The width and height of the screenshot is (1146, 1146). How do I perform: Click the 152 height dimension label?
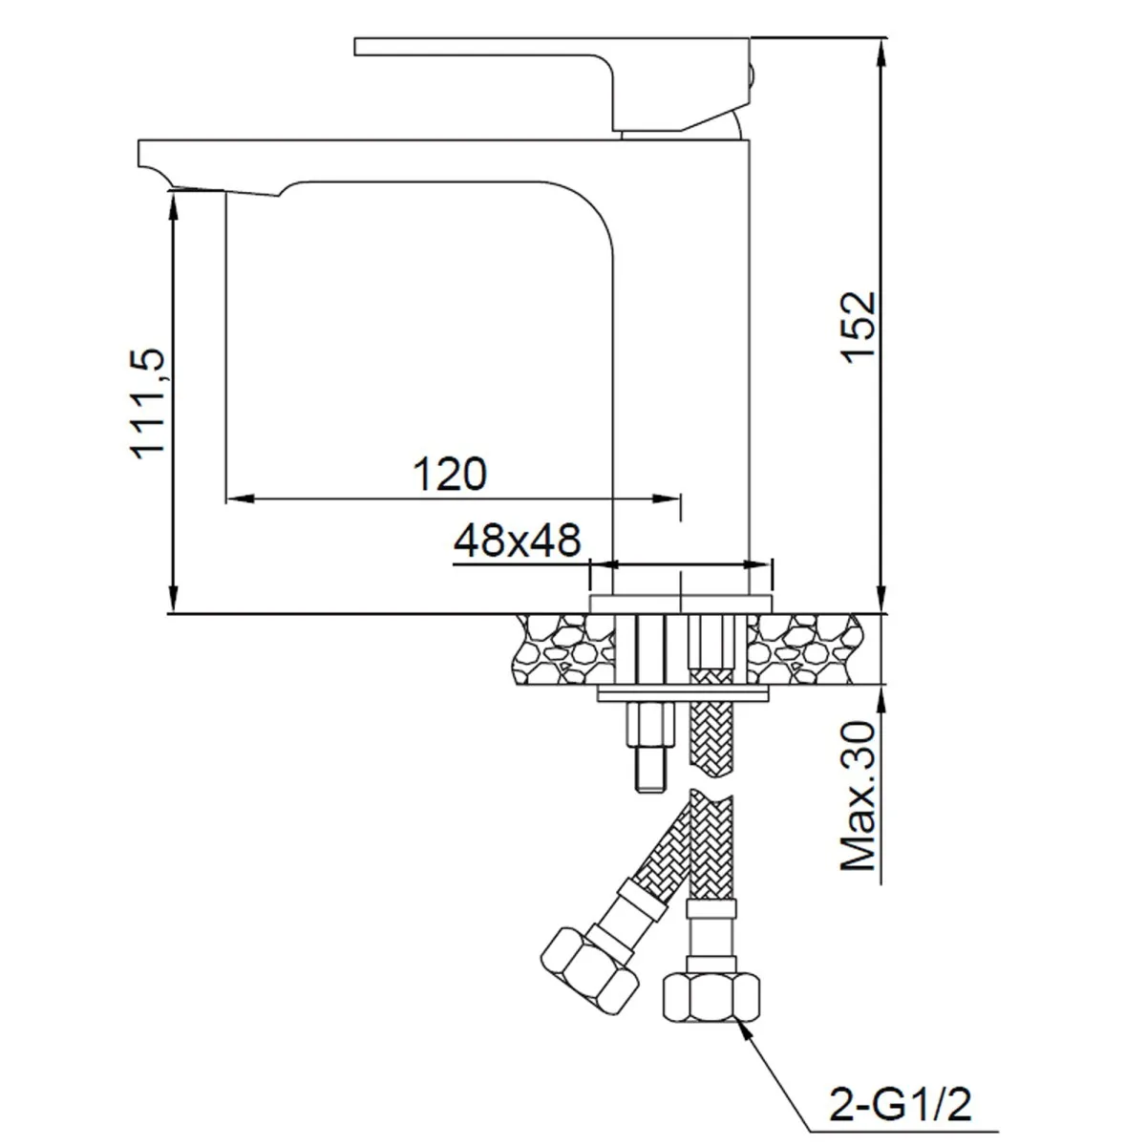point(859,327)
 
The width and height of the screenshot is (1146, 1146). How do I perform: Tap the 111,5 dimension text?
point(150,403)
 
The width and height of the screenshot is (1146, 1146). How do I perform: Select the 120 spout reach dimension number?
point(449,474)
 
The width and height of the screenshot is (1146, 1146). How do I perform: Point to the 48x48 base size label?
point(517,541)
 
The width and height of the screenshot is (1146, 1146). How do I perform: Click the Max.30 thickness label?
point(859,796)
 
